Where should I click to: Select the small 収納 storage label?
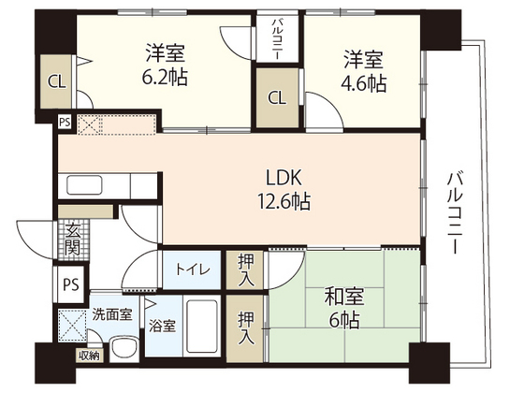(x=87, y=355)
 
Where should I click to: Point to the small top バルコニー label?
(x=279, y=39)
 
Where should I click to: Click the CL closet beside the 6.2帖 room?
(x=55, y=80)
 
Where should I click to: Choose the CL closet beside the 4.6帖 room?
(x=277, y=98)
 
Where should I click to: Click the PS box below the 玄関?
(x=70, y=284)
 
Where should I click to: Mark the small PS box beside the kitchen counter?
(x=65, y=121)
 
